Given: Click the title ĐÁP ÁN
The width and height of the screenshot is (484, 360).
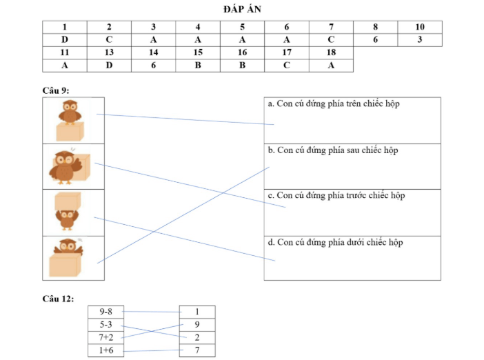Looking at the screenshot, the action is (242, 9).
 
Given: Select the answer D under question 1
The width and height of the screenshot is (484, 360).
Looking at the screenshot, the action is (65, 40).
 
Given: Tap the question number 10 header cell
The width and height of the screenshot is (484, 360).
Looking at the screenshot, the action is (420, 27).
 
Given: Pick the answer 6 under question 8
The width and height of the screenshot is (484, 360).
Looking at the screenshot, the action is (375, 40).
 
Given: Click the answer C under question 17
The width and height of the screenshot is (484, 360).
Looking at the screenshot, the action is (287, 66).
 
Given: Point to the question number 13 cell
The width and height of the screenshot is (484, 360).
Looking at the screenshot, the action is (109, 53).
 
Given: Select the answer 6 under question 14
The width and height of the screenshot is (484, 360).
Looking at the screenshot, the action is (154, 66).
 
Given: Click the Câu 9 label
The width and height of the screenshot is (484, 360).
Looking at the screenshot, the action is (56, 90).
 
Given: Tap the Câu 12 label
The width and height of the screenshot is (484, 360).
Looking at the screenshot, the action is (58, 299).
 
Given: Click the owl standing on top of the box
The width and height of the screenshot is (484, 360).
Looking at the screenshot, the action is (70, 112).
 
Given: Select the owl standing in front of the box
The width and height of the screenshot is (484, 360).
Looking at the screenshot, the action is (65, 167).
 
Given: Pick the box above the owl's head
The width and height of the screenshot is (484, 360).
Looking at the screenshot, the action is (68, 201).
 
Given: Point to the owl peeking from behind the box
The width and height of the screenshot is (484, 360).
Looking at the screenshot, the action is (68, 246).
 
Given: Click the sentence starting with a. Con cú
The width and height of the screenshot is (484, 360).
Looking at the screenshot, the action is (334, 103).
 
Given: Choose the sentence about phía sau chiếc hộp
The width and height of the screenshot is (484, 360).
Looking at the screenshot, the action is (333, 150).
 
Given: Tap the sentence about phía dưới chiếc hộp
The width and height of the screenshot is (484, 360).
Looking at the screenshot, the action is (335, 242).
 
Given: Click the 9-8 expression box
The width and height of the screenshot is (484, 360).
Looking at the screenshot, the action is (106, 312).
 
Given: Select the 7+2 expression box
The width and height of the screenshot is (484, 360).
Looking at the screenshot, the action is (106, 337).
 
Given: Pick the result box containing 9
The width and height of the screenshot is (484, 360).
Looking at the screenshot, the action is (197, 325).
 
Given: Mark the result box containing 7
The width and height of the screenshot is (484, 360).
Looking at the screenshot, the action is (197, 350).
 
